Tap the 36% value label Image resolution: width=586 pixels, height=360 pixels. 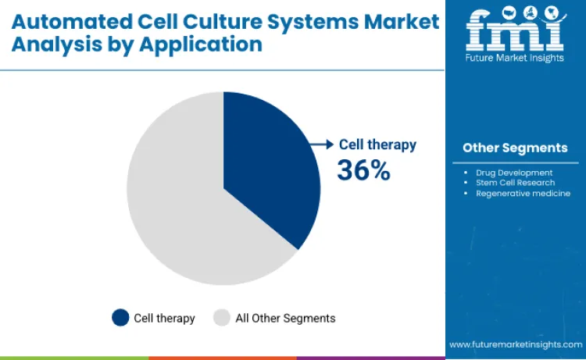363,169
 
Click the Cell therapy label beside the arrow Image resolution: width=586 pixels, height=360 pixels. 377,144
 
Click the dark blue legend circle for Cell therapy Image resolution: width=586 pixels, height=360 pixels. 120,318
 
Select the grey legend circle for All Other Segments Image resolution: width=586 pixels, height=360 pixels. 222,318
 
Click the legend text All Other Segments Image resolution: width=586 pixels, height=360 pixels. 285,318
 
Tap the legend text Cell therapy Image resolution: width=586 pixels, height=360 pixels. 164,318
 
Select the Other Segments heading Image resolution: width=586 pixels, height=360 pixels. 515,148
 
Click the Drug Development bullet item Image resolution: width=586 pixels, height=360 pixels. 513,172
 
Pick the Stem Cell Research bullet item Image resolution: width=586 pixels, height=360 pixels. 515,182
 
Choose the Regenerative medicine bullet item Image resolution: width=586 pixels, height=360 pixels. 523,193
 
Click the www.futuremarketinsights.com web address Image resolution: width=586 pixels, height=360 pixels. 515,344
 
